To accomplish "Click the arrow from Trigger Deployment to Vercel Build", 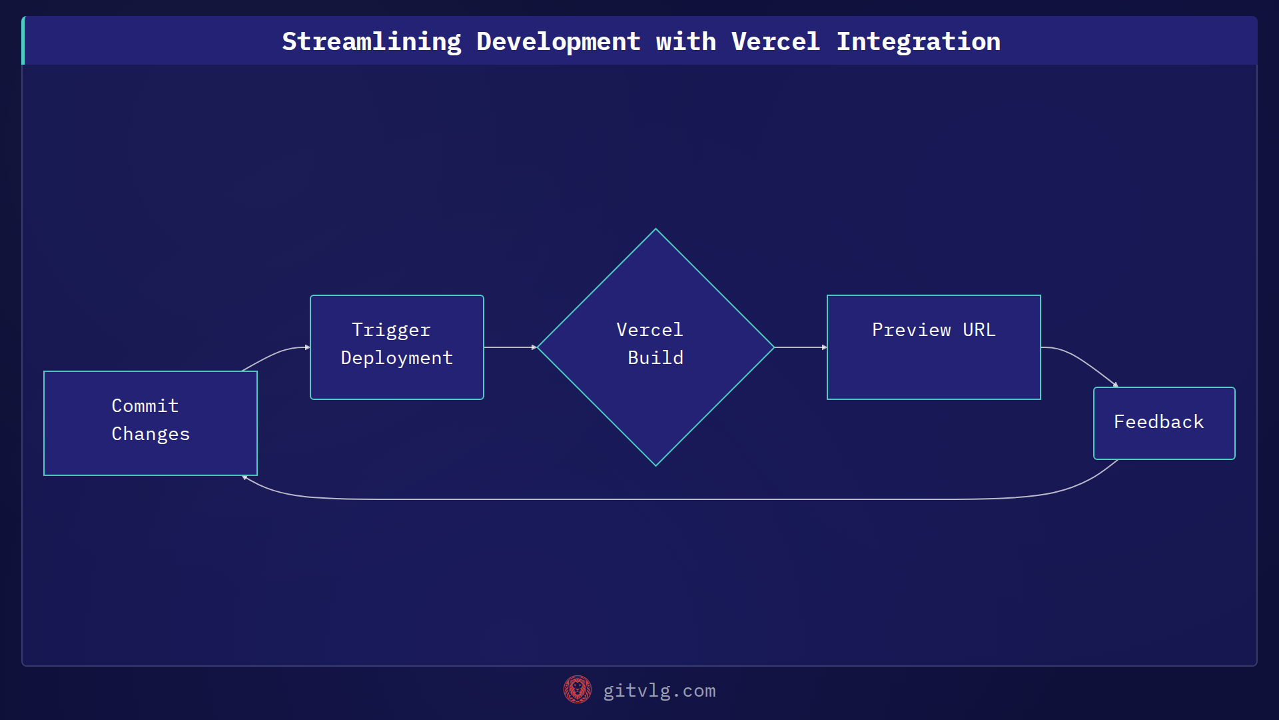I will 510,347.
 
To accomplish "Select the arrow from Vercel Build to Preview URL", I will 800,347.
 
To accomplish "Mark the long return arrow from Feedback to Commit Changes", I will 666,499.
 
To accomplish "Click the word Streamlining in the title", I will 371,41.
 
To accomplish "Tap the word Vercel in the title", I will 775,41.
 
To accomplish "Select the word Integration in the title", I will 918,41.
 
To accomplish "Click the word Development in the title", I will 558,41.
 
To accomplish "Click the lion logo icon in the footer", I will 577,690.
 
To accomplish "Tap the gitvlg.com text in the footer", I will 659,691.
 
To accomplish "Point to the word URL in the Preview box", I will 979,330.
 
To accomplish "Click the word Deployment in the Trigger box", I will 397,358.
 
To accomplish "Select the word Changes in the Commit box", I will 151,434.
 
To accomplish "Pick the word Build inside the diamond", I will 655,358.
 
